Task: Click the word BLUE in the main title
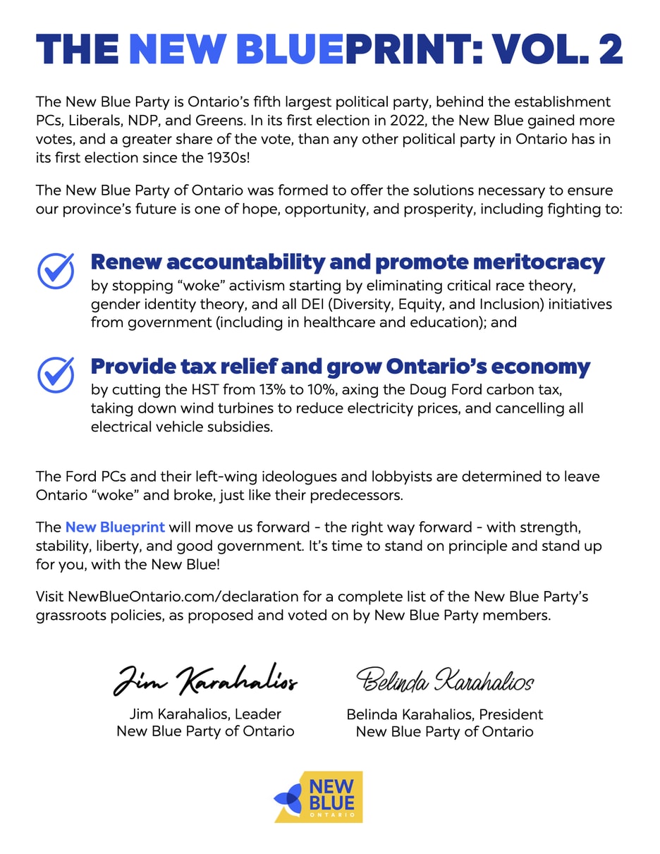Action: click(283, 49)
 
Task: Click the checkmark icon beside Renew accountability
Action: click(56, 270)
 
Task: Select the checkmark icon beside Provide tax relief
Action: click(56, 374)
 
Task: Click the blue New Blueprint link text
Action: click(115, 527)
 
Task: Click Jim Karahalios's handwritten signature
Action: click(205, 680)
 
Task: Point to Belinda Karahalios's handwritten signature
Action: click(445, 680)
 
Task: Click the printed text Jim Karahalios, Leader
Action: click(205, 714)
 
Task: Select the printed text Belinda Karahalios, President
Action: click(444, 714)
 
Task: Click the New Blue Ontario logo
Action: click(319, 797)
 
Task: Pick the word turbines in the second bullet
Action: click(237, 409)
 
